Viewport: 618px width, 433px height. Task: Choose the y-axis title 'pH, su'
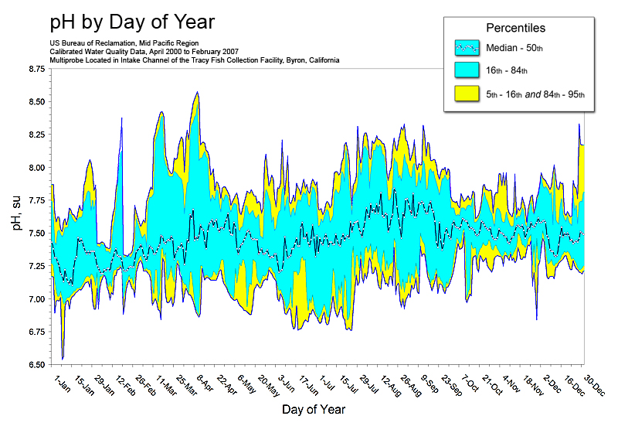[16, 216]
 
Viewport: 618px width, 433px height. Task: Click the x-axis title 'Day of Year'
[314, 408]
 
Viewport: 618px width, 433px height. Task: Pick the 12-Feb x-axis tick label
[125, 385]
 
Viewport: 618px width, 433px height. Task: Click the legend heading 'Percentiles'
[515, 28]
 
